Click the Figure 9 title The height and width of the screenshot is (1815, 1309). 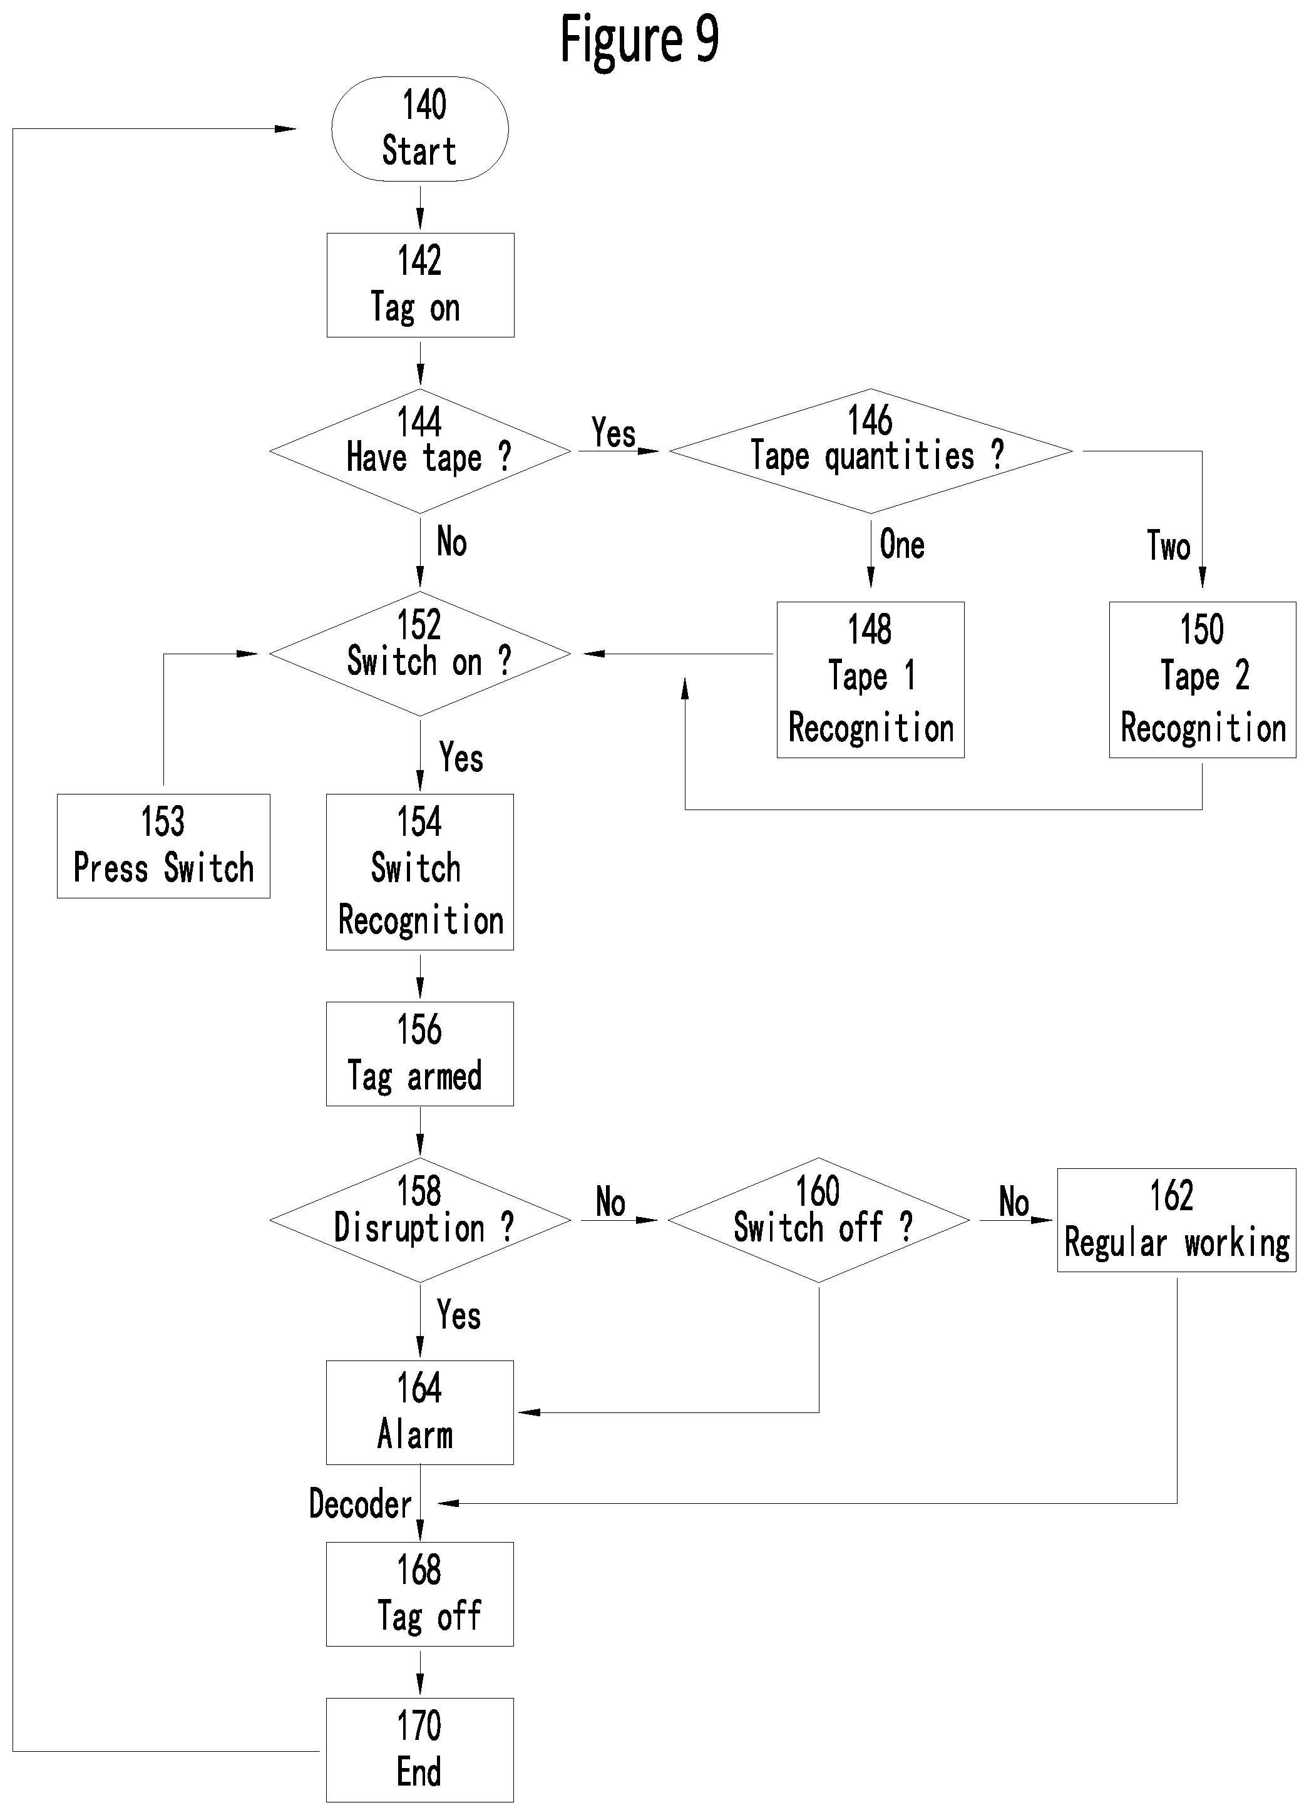point(639,38)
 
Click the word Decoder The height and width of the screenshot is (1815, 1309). point(360,1504)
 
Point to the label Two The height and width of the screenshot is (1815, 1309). point(1168,546)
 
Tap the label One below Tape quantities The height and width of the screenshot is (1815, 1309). point(901,544)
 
